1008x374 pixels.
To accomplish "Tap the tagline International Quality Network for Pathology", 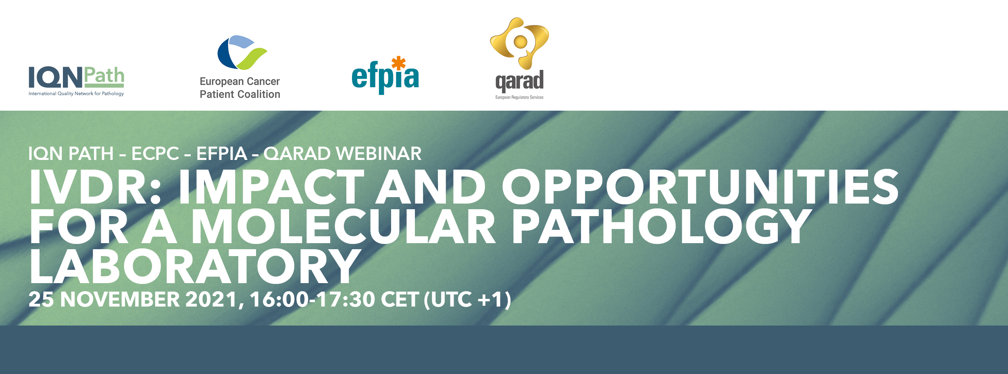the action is click(76, 94).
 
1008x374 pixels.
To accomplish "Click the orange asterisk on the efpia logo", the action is click(398, 63).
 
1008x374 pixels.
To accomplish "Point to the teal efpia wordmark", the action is click(385, 77).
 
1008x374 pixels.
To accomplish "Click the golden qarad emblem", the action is click(519, 43).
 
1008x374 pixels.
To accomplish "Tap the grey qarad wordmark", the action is click(519, 81).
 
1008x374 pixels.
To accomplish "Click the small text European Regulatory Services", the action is click(519, 97).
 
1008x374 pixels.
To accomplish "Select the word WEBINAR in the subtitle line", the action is click(379, 153).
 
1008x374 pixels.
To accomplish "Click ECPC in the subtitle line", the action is click(155, 153).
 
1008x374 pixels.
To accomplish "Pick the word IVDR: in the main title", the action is click(96, 187).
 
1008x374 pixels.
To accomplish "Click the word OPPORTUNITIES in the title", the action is click(700, 187).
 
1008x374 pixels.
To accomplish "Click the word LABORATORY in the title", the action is click(195, 266).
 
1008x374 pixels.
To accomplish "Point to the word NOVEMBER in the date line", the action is click(120, 300).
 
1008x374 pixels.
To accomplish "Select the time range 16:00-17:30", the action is click(312, 300).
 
